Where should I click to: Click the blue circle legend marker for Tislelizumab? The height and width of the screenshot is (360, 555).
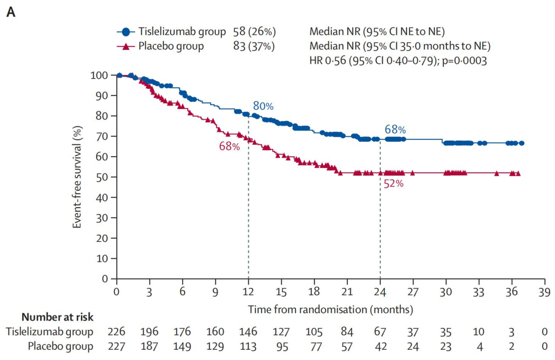point(125,32)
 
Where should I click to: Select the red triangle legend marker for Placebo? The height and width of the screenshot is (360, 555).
point(125,47)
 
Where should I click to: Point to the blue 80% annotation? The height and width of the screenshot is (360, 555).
point(263,106)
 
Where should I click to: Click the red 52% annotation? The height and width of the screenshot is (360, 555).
point(393,183)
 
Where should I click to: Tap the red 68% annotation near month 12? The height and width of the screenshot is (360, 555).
point(230,146)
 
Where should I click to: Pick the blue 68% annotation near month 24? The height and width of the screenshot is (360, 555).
point(395,129)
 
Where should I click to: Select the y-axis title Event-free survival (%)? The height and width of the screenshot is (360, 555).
point(78,177)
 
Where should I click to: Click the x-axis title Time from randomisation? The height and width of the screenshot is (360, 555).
point(330,310)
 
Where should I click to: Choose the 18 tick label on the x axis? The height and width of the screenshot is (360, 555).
point(314,291)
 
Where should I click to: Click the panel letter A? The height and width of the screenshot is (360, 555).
point(11,12)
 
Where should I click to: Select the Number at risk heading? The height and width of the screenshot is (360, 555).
point(58,317)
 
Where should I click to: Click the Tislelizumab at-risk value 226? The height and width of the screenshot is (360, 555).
point(117,332)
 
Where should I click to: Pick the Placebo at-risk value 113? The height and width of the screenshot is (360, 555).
point(248,346)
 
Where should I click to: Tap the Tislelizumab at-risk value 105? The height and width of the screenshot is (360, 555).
point(314,332)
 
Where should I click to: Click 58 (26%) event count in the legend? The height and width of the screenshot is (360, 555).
point(254,32)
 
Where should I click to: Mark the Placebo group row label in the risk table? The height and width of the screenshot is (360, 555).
point(61,346)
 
